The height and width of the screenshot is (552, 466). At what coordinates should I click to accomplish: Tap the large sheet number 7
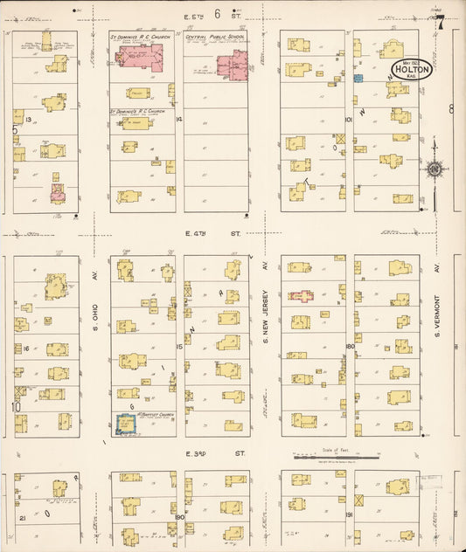click(x=442, y=23)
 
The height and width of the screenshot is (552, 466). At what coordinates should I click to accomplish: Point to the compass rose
click(x=435, y=169)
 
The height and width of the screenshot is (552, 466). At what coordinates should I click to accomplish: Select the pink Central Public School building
click(x=233, y=66)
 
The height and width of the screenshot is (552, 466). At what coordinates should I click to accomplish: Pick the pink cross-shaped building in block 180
click(x=302, y=297)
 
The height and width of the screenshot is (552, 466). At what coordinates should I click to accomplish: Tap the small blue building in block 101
click(x=358, y=79)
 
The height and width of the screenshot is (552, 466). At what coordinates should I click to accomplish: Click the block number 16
click(x=27, y=348)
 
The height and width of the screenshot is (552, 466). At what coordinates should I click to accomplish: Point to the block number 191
click(x=348, y=516)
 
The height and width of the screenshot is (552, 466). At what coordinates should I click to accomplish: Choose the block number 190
click(x=178, y=516)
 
